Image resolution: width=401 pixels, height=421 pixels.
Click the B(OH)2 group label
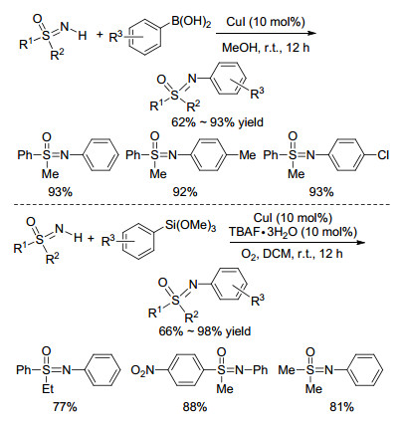tap(191, 22)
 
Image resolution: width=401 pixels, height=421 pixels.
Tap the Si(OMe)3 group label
tap(190, 225)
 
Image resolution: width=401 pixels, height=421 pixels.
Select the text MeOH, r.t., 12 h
tap(266, 48)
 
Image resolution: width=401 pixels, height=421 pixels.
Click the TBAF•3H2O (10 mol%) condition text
tap(294, 232)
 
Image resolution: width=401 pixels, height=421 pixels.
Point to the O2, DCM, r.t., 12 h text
tap(292, 254)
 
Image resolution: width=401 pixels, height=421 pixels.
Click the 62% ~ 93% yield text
tap(217, 122)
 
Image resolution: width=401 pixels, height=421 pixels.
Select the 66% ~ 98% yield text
tap(205, 330)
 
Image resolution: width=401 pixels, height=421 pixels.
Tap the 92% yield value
tap(185, 192)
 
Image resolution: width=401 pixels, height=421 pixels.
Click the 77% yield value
tap(65, 407)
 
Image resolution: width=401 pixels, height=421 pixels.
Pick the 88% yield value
tap(195, 407)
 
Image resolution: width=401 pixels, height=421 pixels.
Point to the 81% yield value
tap(341, 407)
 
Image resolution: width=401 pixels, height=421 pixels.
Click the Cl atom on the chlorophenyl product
tap(383, 155)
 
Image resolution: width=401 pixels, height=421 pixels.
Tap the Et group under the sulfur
tap(48, 389)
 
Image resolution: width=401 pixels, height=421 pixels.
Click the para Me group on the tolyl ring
tap(248, 155)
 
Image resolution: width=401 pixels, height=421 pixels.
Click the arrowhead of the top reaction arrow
tap(310, 33)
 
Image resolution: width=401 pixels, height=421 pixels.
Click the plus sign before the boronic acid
tap(100, 34)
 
